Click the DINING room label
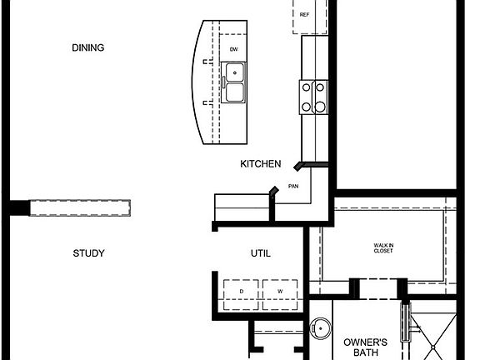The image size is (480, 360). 88,48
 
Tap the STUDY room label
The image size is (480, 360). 88,253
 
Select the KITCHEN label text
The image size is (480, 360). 260,164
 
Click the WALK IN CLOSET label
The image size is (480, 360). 383,247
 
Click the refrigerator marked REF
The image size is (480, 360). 304,16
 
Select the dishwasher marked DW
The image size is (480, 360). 234,50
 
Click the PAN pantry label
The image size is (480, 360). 293,187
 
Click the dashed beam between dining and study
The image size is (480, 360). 81,207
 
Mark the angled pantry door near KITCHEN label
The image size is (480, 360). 302,166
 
